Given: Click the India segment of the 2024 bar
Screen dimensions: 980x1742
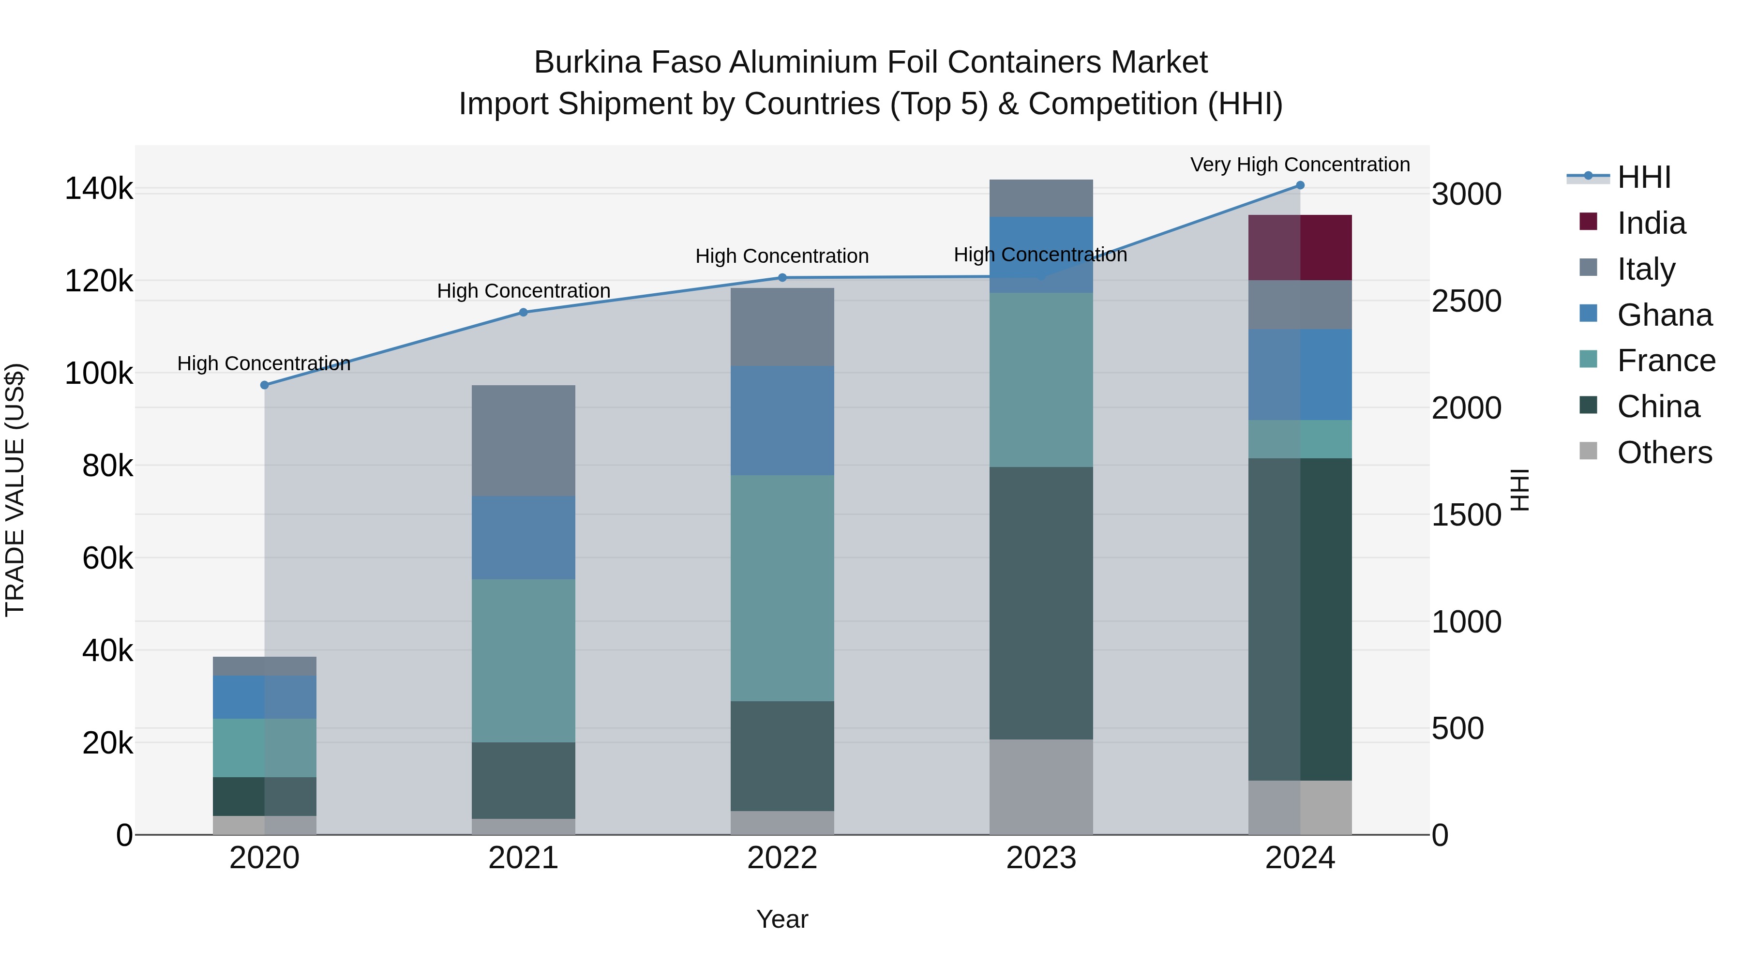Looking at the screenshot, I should point(1299,247).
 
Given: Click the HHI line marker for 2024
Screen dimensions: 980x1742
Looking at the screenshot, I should point(1300,185).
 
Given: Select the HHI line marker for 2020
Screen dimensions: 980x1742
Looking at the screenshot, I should point(264,385).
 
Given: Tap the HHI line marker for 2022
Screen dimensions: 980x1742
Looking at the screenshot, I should point(782,277).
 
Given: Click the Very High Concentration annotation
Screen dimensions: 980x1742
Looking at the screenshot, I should point(1300,165).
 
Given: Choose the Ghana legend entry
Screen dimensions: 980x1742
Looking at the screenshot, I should point(1664,315).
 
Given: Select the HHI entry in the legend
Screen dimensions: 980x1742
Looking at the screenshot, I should point(1643,177).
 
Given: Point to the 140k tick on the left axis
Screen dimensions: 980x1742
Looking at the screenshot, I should point(99,189).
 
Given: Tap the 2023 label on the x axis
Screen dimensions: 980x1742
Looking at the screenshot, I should point(1041,858).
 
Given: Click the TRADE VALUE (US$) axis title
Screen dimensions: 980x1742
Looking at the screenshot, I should point(15,490).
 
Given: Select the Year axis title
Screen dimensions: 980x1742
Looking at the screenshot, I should point(782,919).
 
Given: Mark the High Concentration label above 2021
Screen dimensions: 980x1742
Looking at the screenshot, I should point(524,291).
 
